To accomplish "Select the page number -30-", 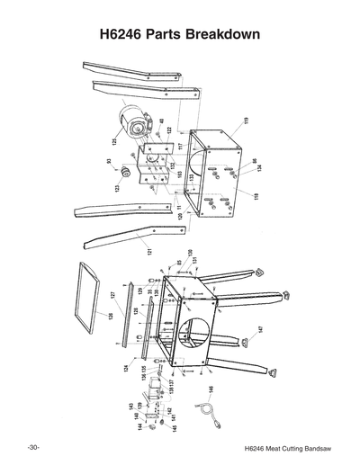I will click(32, 447).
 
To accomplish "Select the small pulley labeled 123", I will click(127, 172).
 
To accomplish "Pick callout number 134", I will click(256, 167).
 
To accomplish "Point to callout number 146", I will click(211, 390).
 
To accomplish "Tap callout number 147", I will click(260, 330).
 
